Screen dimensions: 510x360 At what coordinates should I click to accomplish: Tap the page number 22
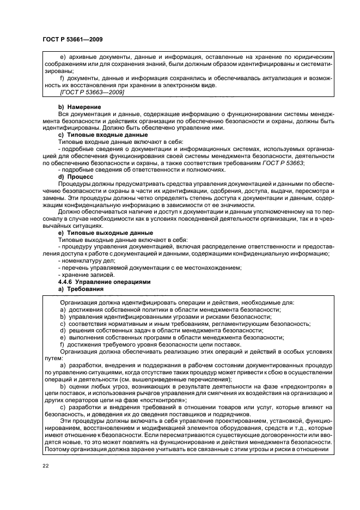click(x=45, y=466)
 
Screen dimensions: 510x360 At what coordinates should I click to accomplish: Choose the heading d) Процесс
click(x=76, y=176)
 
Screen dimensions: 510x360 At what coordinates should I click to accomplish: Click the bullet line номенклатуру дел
click(x=87, y=260)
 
